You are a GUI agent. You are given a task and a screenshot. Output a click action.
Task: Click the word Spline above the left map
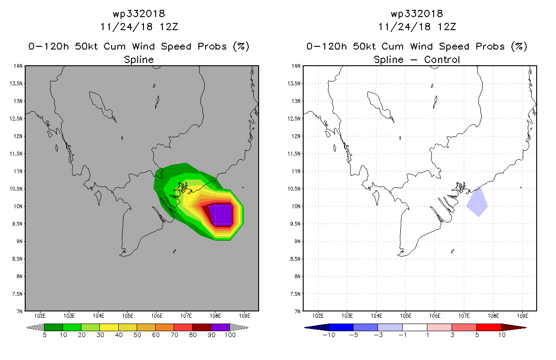point(139,59)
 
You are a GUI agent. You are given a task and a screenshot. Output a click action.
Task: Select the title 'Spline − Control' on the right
point(417,59)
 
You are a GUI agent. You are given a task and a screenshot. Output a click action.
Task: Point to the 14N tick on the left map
point(18,66)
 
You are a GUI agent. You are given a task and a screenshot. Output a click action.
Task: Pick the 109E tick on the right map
point(522,315)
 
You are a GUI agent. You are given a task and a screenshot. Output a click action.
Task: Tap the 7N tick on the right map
point(297,311)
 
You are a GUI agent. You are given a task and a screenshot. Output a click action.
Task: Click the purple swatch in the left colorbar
point(220,327)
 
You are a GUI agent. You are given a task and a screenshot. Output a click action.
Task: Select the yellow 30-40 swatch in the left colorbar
point(109,327)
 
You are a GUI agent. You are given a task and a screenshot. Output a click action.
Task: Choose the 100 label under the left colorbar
point(230,335)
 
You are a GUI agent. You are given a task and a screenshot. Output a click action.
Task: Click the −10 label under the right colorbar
point(329,335)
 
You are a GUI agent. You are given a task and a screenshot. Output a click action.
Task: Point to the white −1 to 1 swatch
point(414,327)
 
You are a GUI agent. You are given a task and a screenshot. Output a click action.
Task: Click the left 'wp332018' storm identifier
point(139,13)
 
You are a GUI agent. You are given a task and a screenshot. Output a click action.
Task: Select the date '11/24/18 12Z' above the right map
point(417,27)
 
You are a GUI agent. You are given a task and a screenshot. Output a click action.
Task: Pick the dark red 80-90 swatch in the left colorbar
point(202,327)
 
